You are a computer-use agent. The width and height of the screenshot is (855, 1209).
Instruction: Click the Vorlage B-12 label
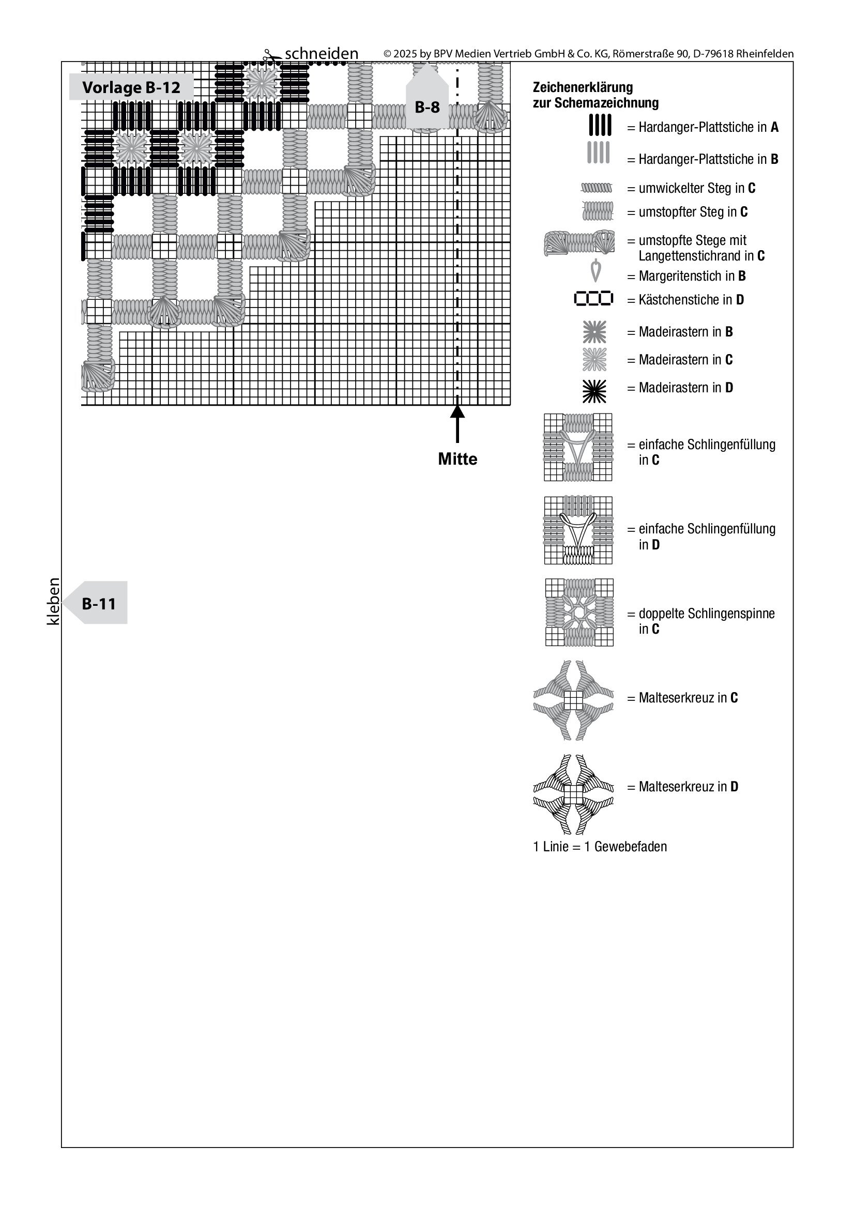click(131, 87)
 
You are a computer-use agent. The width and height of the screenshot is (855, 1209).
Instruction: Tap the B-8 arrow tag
click(427, 106)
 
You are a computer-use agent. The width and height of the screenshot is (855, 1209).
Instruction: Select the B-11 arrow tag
click(98, 603)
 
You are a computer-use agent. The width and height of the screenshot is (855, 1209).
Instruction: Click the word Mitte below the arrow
click(457, 459)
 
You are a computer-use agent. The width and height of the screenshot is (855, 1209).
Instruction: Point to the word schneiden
click(321, 54)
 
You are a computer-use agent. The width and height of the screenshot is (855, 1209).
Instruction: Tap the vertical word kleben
click(54, 601)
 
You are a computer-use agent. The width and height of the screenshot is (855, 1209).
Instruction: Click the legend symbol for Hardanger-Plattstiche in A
click(600, 125)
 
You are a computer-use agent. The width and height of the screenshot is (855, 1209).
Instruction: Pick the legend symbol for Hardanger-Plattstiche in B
click(598, 152)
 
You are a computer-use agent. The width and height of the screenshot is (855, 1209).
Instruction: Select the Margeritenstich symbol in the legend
click(596, 272)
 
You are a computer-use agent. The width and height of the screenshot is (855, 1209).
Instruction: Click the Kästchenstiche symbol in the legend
click(593, 299)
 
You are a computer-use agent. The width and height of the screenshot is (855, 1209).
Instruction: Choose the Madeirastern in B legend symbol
click(594, 332)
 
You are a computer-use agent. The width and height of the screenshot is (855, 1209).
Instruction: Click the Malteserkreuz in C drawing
click(573, 700)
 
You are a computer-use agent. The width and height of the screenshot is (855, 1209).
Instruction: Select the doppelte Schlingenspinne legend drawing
click(579, 613)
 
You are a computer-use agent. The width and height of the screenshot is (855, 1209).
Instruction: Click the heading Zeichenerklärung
click(583, 87)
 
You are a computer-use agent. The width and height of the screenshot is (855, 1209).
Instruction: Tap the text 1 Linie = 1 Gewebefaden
click(600, 847)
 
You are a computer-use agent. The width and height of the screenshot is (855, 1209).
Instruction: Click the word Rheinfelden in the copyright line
click(765, 54)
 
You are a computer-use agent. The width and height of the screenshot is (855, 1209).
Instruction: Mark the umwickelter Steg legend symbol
click(597, 188)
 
